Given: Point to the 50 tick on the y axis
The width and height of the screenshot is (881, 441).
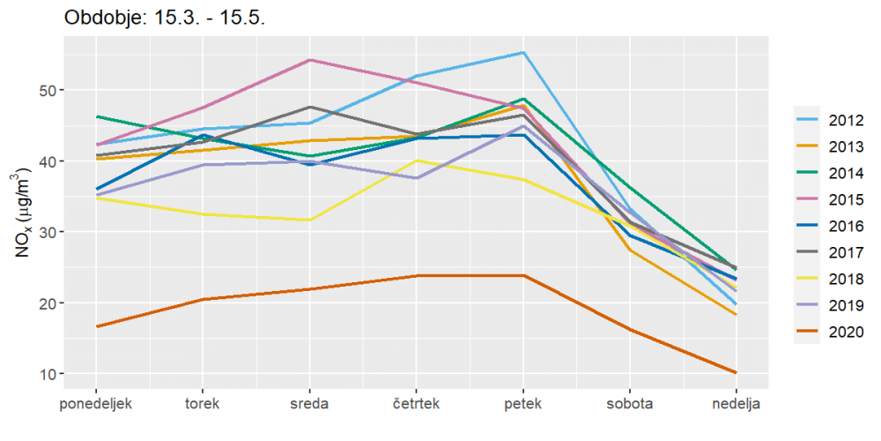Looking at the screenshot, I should pyautogui.click(x=70, y=91).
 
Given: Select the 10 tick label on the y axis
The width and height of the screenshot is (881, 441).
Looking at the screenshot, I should pyautogui.click(x=70, y=374).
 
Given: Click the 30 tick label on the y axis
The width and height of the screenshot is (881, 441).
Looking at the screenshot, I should pyautogui.click(x=70, y=232).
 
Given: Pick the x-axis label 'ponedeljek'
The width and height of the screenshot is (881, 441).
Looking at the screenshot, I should pyautogui.click(x=96, y=405).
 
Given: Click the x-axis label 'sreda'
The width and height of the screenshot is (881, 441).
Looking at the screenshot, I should pyautogui.click(x=309, y=405).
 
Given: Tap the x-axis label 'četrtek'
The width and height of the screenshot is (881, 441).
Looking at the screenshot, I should pyautogui.click(x=416, y=405).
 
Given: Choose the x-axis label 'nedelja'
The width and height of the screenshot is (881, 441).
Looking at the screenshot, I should pyautogui.click(x=737, y=405).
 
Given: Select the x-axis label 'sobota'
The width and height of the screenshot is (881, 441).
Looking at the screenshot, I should pyautogui.click(x=630, y=405).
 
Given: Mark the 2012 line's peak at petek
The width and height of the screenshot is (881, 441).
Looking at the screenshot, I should pyautogui.click(x=523, y=53).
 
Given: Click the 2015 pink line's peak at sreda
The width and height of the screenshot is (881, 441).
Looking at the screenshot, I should pyautogui.click(x=310, y=60).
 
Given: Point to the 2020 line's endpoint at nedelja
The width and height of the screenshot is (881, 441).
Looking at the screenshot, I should pyautogui.click(x=737, y=372).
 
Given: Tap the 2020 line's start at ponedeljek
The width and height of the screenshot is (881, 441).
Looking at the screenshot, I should pyautogui.click(x=97, y=326).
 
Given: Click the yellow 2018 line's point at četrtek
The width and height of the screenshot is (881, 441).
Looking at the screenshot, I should pyautogui.click(x=417, y=161).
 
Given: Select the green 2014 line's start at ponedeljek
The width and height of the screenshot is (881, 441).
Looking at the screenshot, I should pyautogui.click(x=97, y=116).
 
